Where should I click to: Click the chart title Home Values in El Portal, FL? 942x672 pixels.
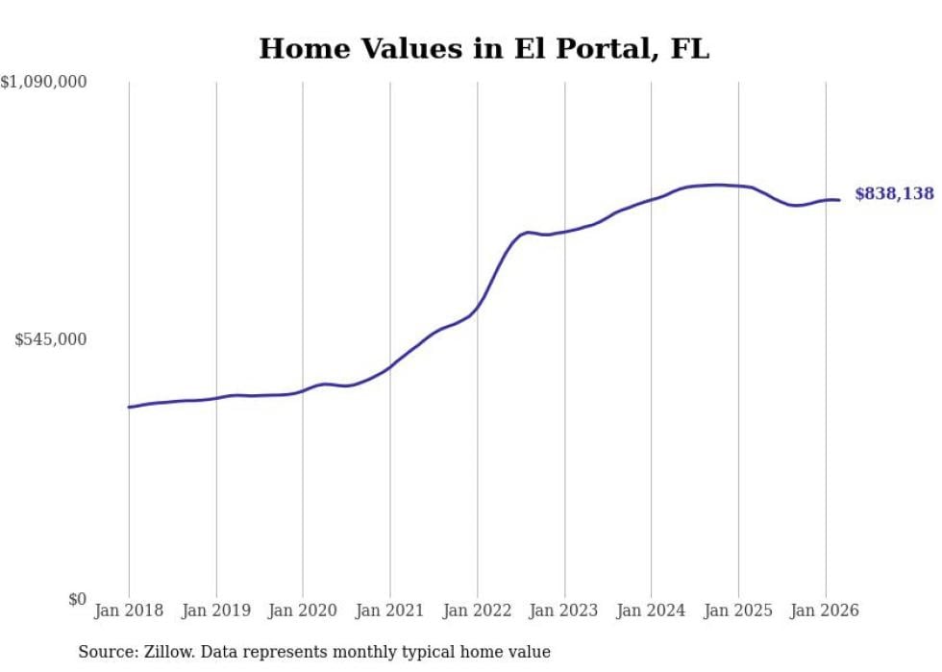[x=483, y=49]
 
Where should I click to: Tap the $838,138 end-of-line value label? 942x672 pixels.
[x=894, y=194]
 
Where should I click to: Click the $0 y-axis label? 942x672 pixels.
[x=77, y=599]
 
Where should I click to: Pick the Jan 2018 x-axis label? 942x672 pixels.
[x=129, y=610]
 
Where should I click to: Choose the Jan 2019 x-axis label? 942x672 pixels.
[x=216, y=610]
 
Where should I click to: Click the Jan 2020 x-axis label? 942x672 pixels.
[x=303, y=610]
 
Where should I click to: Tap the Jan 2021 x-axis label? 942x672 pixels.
[x=390, y=610]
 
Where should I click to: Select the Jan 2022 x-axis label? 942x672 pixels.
[x=477, y=610]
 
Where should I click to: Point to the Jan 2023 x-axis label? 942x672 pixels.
[x=564, y=610]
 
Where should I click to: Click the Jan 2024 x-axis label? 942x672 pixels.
[x=651, y=610]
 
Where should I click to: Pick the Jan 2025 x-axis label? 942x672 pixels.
[x=738, y=610]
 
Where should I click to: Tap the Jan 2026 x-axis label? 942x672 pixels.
[x=825, y=610]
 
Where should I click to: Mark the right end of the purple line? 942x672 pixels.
[x=839, y=200]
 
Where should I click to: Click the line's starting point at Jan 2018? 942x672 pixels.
[x=129, y=408]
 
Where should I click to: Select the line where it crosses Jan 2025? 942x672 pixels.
[x=738, y=186]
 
